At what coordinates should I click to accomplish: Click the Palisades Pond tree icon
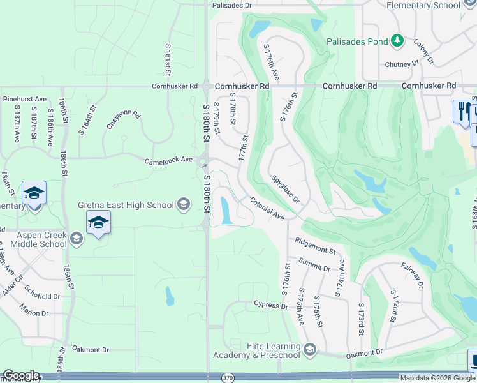coord(397,41)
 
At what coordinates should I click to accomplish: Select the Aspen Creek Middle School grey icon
coord(77,239)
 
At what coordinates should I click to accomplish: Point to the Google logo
coord(21,375)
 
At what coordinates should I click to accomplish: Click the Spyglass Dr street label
coord(285,190)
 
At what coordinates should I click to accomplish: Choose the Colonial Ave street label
coord(267,208)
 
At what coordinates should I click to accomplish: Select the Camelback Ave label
coord(168,160)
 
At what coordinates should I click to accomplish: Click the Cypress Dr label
coord(271,305)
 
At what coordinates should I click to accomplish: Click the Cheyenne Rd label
coord(123,119)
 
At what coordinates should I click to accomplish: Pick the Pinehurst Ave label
coord(25,99)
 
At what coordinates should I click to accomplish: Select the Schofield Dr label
coord(40,296)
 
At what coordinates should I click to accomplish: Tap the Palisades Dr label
coord(232,5)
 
